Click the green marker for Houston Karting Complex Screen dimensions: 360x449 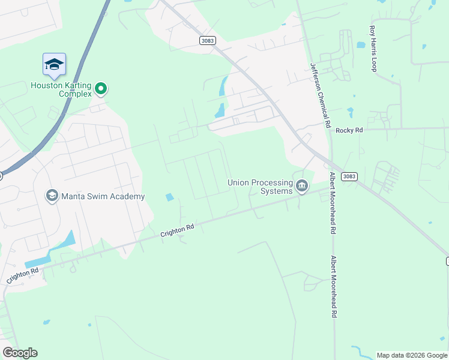click(101, 89)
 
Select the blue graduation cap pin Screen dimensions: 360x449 click(54, 65)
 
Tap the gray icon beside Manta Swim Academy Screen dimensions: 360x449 click(52, 196)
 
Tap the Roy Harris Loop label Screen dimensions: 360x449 click(373, 49)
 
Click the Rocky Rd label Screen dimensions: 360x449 click(350, 130)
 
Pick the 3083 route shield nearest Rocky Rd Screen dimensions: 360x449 click(349, 176)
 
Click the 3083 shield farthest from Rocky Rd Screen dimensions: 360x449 click(206, 40)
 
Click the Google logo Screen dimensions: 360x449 click(20, 353)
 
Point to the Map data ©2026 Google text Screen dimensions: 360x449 click(412, 355)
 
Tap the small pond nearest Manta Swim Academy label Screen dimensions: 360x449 click(169, 197)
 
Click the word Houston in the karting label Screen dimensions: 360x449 click(46, 85)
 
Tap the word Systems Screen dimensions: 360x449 click(276, 191)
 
